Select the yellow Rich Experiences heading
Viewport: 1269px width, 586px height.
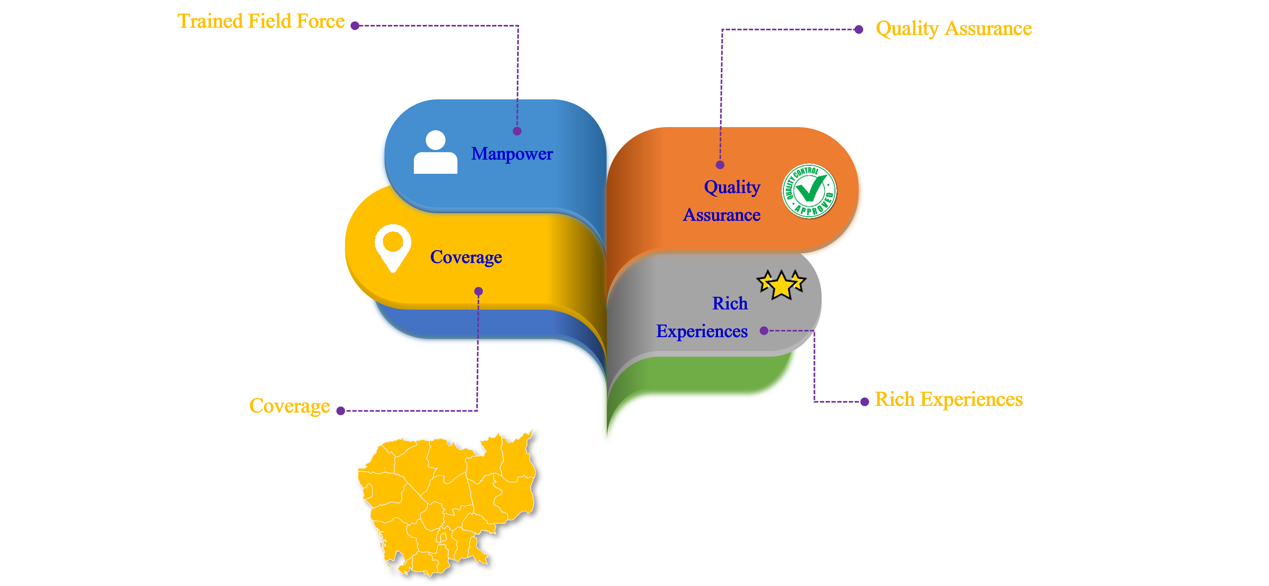point(948,400)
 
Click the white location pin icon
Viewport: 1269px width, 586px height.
point(393,248)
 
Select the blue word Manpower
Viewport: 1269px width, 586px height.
point(511,154)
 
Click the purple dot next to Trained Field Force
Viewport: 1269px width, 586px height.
point(355,26)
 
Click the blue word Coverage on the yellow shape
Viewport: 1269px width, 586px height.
point(466,257)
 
